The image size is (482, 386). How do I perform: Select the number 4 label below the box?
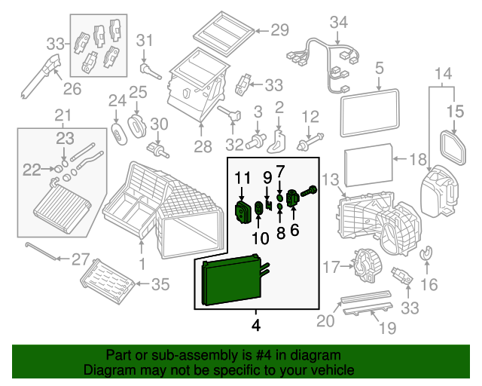(x=256, y=327)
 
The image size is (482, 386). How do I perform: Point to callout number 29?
(x=279, y=30)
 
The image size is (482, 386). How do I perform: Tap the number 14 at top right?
(x=444, y=73)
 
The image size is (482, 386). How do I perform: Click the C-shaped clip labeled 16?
(x=426, y=256)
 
